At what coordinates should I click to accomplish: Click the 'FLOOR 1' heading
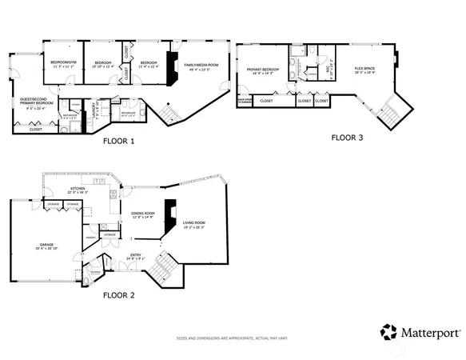coord(119,141)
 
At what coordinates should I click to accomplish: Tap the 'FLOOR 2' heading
coord(119,294)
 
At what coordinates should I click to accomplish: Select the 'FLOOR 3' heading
coord(347,138)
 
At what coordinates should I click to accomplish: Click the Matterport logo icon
coord(388,331)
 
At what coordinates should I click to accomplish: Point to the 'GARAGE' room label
coord(47,245)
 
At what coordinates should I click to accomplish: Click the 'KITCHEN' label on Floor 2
coord(78,189)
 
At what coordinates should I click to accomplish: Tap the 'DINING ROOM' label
coord(144,213)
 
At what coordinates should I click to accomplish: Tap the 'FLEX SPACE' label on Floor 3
coord(365,70)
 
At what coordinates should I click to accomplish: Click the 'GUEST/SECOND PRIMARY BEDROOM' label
coord(37,101)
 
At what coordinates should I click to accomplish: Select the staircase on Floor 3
coord(388,114)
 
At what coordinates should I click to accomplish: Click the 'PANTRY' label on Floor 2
coord(90,238)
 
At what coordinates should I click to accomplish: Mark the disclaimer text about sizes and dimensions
coord(232,338)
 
